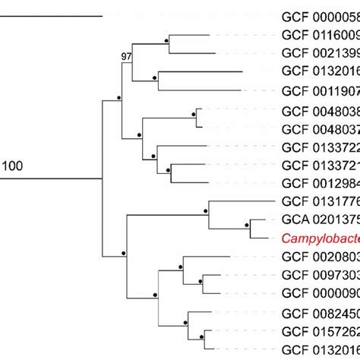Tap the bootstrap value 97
coord(126,57)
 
